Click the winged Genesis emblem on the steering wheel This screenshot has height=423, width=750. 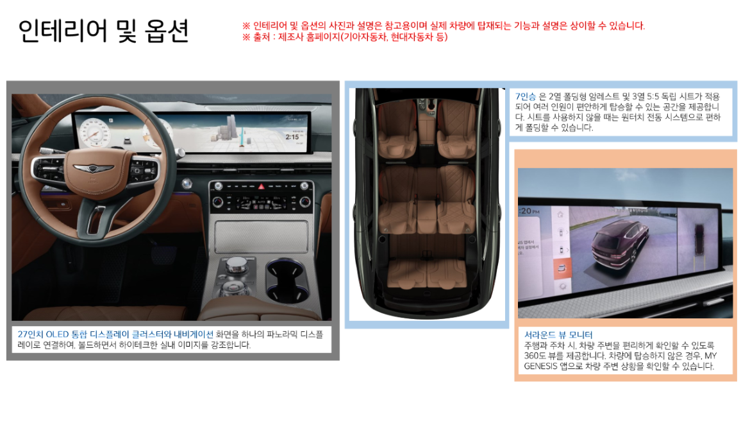click(89, 168)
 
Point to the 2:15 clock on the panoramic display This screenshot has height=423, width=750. click(293, 137)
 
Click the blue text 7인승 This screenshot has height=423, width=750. click(526, 96)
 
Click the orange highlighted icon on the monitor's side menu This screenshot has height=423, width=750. click(562, 267)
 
